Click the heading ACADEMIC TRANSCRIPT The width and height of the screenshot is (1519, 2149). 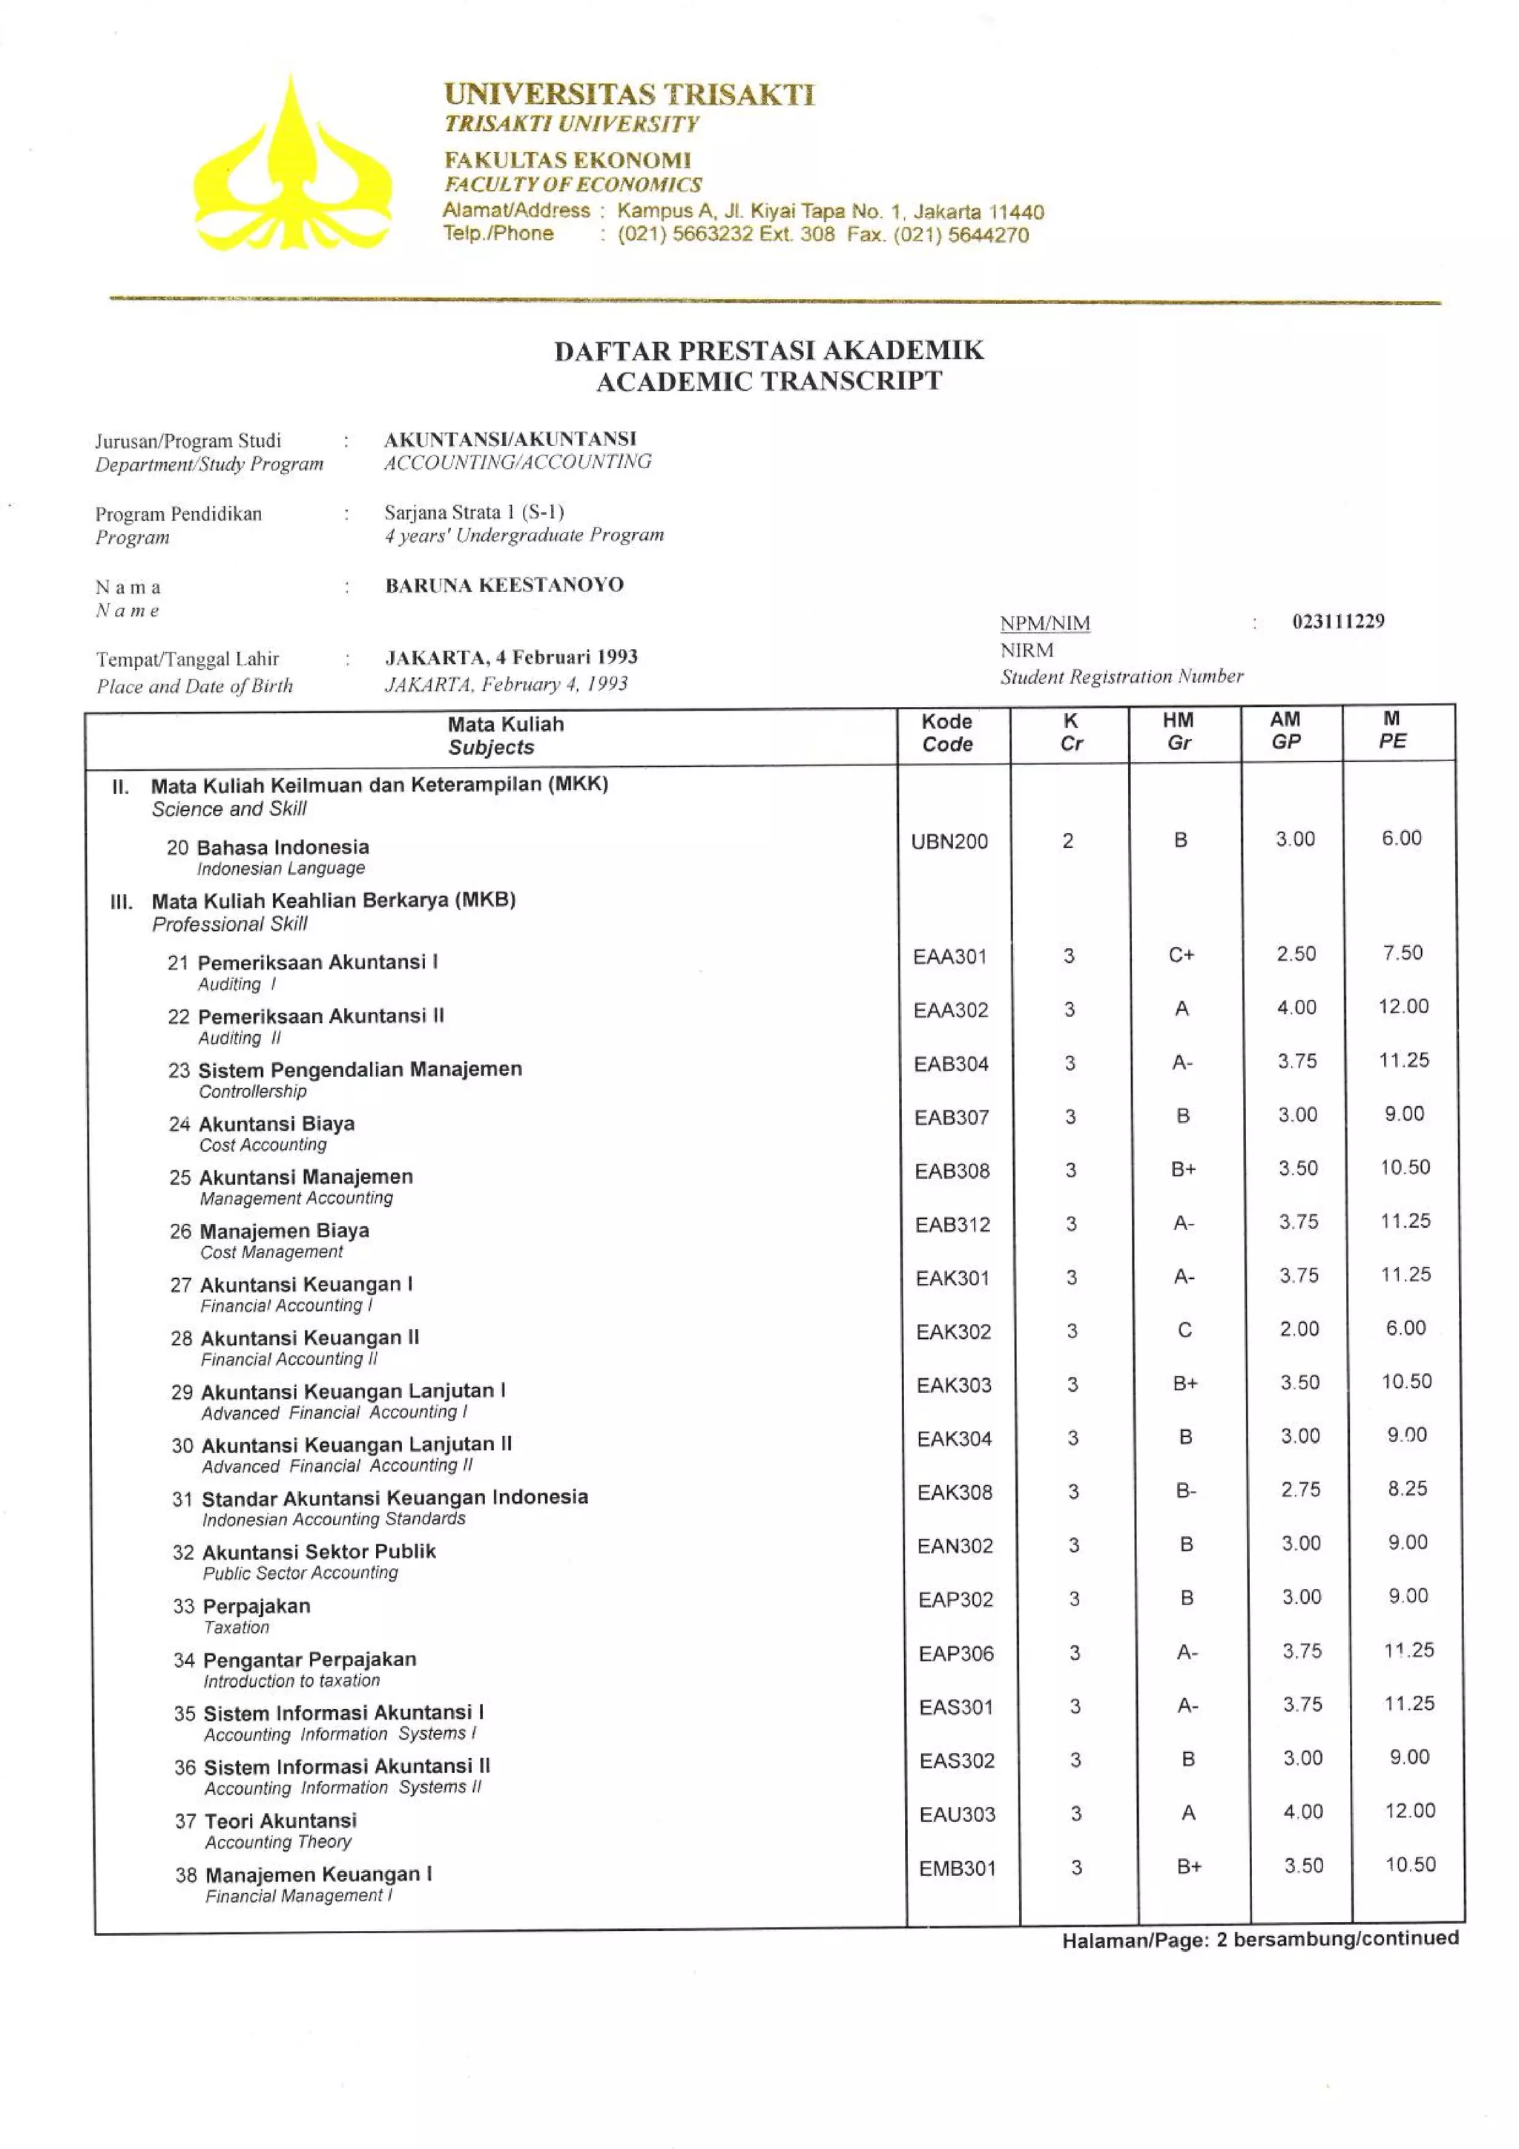tap(768, 381)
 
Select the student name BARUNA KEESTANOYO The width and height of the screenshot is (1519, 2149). tap(504, 585)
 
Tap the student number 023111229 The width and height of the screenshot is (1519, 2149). tap(1337, 621)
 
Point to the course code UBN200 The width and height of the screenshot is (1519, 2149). tap(949, 840)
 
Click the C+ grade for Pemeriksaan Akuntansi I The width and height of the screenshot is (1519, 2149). tap(1181, 955)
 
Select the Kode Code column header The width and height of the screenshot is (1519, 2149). tap(947, 732)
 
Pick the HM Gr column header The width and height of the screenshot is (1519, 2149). tap(1179, 730)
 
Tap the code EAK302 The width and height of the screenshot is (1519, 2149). tap(953, 1331)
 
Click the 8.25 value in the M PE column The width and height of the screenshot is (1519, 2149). tap(1407, 1489)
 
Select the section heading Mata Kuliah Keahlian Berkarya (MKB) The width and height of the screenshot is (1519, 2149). tap(333, 901)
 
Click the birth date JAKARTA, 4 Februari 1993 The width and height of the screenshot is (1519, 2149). tap(511, 657)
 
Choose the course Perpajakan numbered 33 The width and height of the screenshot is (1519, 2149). tap(255, 1606)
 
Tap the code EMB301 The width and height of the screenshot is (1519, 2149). tap(957, 1868)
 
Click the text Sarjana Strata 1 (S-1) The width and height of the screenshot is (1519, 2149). tap(474, 512)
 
